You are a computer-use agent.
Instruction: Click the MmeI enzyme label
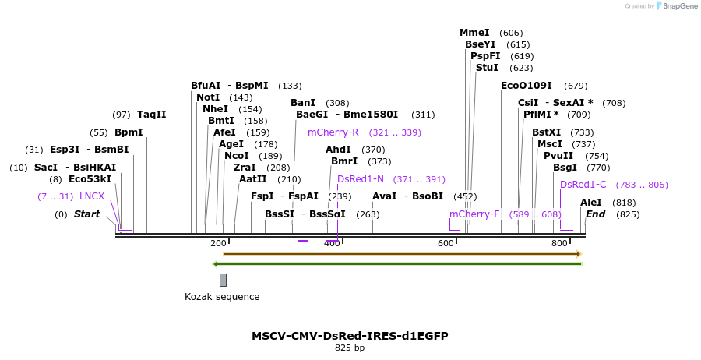474,33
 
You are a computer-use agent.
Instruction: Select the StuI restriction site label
487,68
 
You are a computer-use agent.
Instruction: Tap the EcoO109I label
526,86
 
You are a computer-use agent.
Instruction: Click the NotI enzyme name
208,97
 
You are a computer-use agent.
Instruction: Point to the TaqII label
151,115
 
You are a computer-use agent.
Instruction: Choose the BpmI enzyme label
129,132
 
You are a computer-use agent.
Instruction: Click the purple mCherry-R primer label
333,132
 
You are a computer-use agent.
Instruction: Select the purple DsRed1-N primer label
361,179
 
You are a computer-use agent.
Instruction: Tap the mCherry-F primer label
474,214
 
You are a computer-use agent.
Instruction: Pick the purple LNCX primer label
92,196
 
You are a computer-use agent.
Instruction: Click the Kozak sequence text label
222,297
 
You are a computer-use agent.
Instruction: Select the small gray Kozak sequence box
223,280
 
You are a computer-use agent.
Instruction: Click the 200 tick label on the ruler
218,244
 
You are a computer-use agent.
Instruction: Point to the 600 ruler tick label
446,244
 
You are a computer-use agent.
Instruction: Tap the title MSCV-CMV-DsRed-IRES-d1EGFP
350,336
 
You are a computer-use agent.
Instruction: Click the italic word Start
86,214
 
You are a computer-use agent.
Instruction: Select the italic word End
595,214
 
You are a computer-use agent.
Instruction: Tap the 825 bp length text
350,348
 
